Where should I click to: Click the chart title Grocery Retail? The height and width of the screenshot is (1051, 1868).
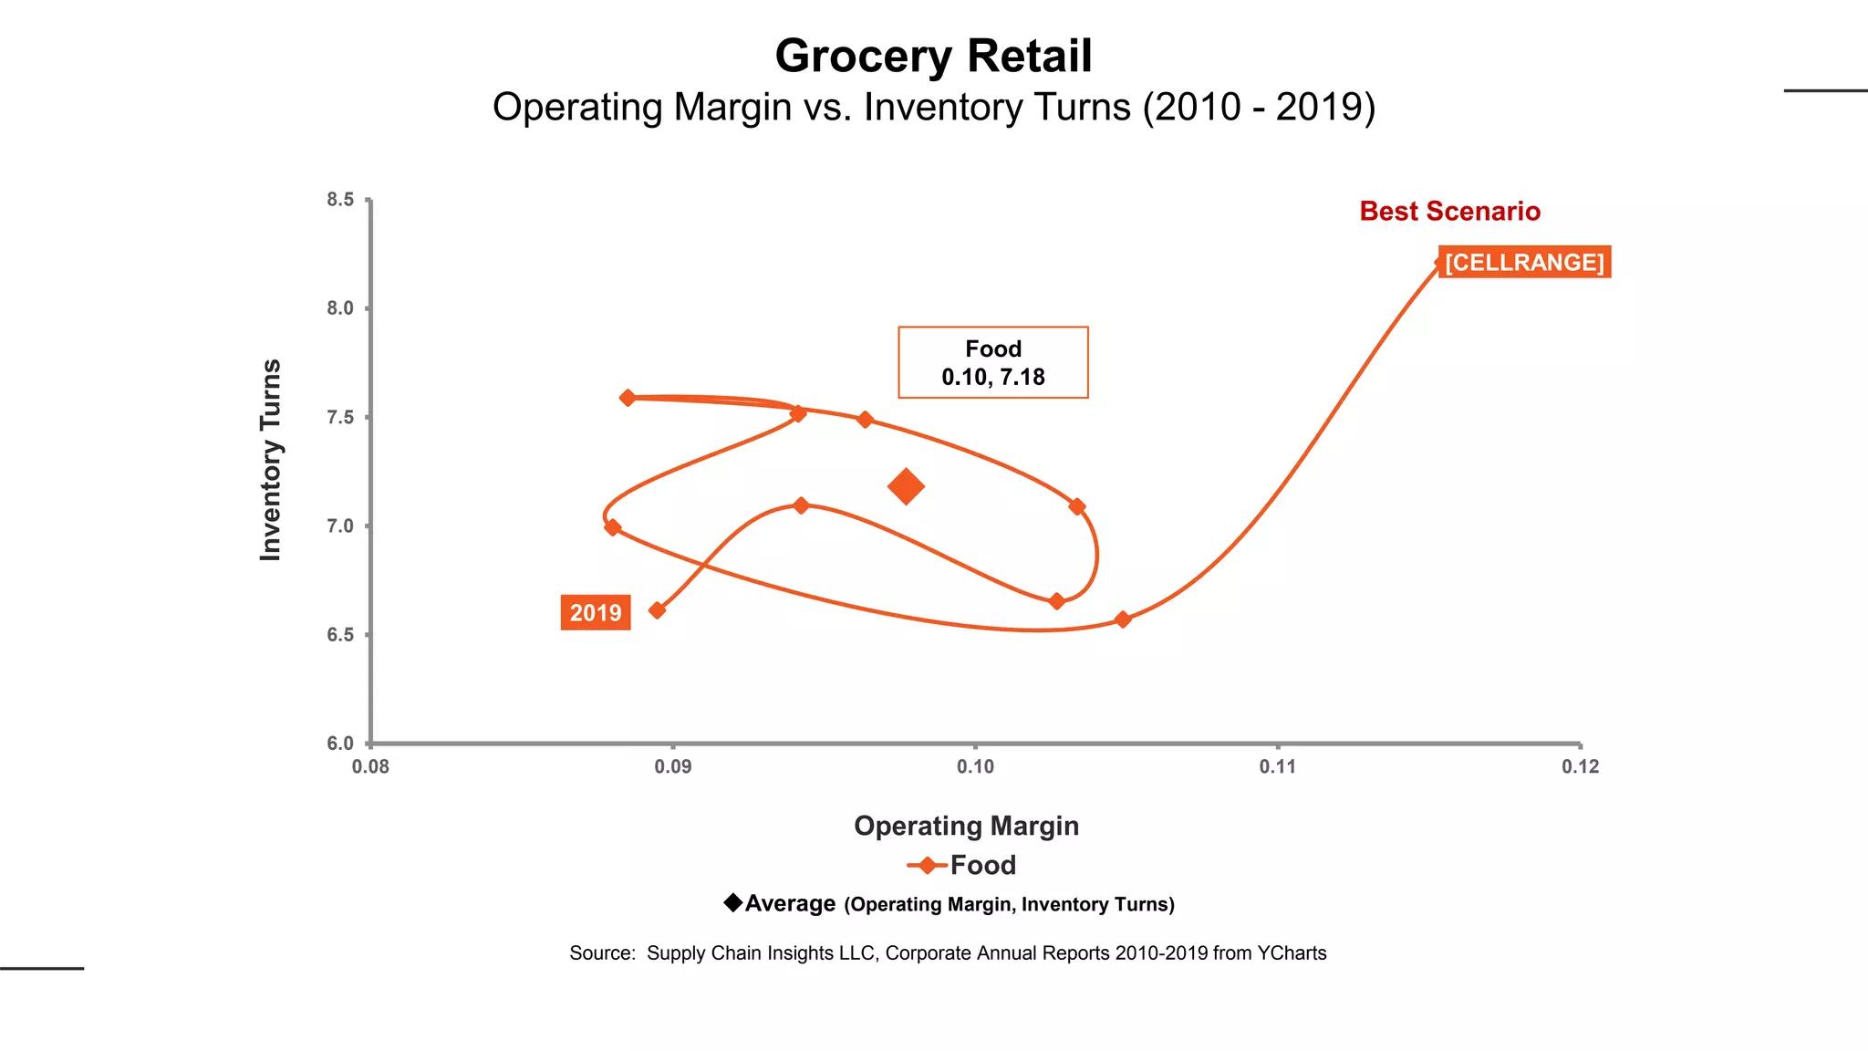[x=933, y=57]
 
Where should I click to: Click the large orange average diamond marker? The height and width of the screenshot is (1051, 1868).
[x=906, y=486]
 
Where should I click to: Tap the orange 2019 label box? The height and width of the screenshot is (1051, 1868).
[x=596, y=612]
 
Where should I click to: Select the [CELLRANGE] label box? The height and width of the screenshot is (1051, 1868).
[x=1524, y=262]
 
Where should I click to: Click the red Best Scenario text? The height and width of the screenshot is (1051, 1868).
[x=1449, y=211]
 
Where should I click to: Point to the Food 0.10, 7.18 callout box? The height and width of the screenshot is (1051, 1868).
[x=992, y=362]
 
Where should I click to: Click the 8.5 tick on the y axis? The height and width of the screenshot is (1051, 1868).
[x=341, y=200]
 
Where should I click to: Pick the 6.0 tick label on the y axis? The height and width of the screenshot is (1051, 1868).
[x=341, y=744]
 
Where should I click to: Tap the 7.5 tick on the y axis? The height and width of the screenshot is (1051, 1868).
[x=341, y=417]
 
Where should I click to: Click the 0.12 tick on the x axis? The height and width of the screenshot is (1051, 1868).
[x=1580, y=766]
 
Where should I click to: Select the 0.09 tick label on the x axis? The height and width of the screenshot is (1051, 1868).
[x=673, y=766]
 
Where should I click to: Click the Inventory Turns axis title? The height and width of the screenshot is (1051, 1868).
[x=271, y=460]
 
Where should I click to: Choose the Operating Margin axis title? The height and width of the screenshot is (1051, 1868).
[x=966, y=826]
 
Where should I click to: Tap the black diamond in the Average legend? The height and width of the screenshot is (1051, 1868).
[x=733, y=902]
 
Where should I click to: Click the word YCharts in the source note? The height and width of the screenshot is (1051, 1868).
[x=1292, y=952]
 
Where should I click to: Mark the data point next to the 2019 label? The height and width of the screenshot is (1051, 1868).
[x=657, y=610]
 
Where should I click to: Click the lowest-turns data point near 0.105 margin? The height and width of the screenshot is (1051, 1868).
[x=1123, y=619]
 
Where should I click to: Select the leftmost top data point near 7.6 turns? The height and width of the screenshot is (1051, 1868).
[x=628, y=398]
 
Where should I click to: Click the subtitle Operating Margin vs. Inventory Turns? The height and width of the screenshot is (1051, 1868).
[x=933, y=107]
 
